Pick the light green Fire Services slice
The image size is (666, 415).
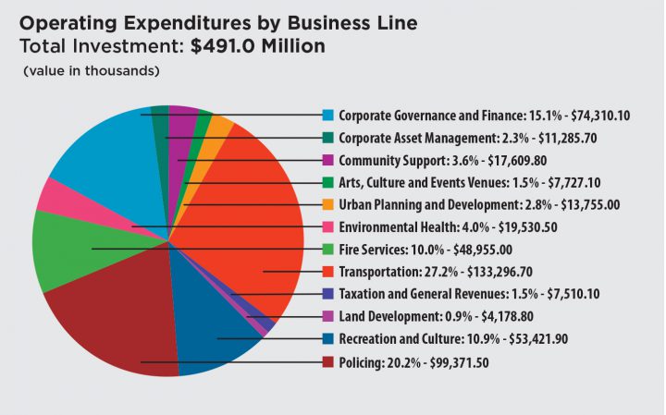pyautogui.click(x=69, y=250)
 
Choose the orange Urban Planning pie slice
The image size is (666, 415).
pyautogui.click(x=220, y=126)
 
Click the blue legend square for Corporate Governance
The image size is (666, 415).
pyautogui.click(x=327, y=116)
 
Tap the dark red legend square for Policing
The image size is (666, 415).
pyautogui.click(x=327, y=362)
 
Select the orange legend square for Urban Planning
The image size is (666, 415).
pyautogui.click(x=327, y=205)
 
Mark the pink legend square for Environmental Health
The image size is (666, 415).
pyautogui.click(x=327, y=227)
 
